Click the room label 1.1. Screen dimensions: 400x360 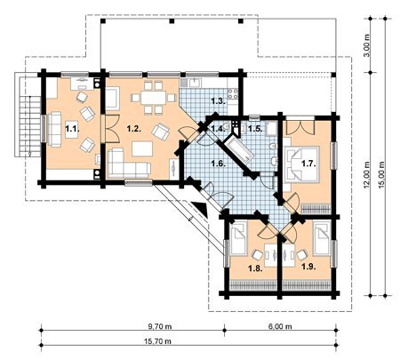[x=72, y=129]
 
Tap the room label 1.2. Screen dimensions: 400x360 [x=133, y=129]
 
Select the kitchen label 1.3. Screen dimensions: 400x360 [x=219, y=101]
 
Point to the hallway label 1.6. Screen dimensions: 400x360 [x=219, y=164]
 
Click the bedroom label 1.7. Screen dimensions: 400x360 [x=308, y=164]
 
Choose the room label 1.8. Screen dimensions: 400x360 [x=255, y=268]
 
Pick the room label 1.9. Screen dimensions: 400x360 [x=308, y=267]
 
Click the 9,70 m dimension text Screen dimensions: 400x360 [x=160, y=326]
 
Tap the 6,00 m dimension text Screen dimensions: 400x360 [x=280, y=326]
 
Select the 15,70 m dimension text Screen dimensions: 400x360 [x=157, y=341]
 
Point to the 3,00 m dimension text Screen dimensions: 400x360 [x=367, y=45]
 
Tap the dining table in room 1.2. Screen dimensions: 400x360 [x=154, y=98]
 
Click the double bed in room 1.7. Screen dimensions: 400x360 [x=302, y=164]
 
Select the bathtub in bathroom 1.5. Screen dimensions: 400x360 [x=239, y=150]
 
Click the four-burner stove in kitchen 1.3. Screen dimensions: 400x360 [x=233, y=94]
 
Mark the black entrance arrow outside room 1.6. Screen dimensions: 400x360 [x=201, y=208]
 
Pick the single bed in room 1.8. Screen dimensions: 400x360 [x=239, y=239]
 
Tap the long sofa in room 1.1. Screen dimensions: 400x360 [x=54, y=129]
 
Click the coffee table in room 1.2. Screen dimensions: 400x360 [x=142, y=148]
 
